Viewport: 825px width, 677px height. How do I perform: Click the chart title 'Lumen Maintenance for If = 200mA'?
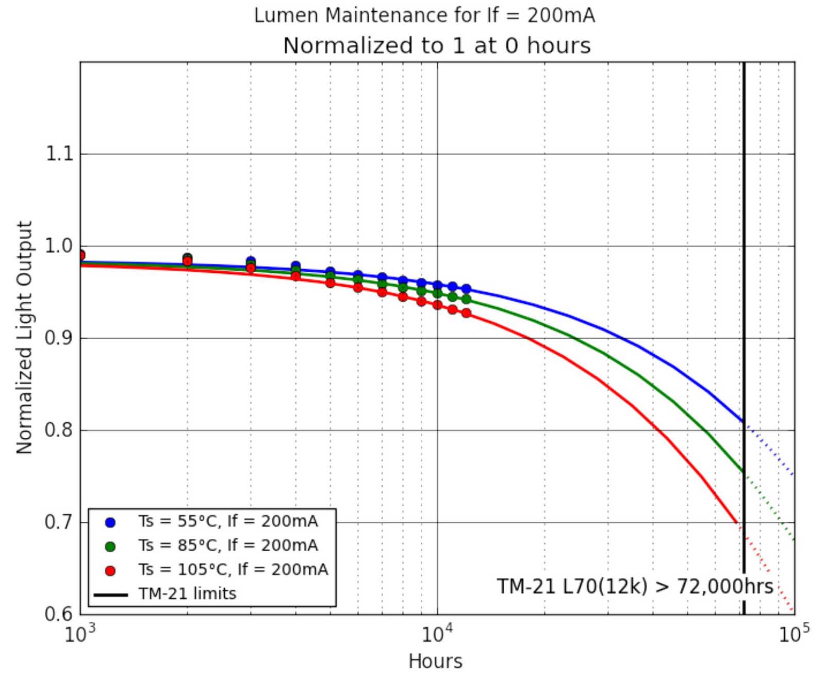(424, 15)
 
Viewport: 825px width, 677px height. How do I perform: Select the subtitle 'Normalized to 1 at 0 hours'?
(437, 45)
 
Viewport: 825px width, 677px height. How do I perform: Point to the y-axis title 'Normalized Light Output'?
(24, 338)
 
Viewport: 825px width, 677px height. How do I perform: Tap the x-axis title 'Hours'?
(435, 661)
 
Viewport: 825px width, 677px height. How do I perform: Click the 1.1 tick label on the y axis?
(59, 154)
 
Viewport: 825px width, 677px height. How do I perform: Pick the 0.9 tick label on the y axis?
(59, 338)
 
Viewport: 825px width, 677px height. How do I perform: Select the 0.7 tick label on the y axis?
(59, 522)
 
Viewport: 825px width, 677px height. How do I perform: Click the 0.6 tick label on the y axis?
(59, 614)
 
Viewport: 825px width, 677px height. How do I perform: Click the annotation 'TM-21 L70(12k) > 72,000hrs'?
(635, 587)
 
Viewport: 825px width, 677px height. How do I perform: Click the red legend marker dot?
(110, 571)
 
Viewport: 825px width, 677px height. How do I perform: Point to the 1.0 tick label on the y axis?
(59, 246)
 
